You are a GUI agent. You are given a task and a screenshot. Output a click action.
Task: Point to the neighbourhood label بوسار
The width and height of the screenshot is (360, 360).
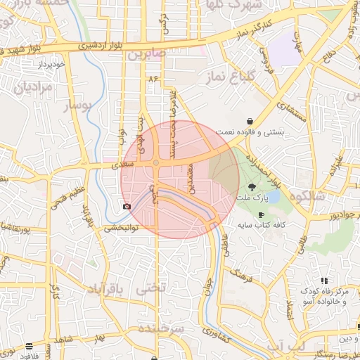(77, 105)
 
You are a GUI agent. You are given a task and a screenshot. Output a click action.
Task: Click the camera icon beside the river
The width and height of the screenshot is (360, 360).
(127, 207)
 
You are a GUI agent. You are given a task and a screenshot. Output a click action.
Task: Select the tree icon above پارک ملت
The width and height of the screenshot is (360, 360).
(252, 187)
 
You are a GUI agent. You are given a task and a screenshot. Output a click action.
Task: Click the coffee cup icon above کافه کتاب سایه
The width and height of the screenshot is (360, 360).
(262, 215)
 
